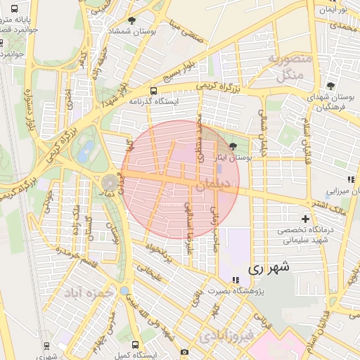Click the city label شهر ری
coord(269,268)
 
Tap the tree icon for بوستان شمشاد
coord(133,22)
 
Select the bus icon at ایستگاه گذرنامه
coord(153,91)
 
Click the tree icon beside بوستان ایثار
coord(233,147)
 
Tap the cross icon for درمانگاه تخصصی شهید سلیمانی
coord(304,219)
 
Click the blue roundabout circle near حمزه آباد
coord(124,291)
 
